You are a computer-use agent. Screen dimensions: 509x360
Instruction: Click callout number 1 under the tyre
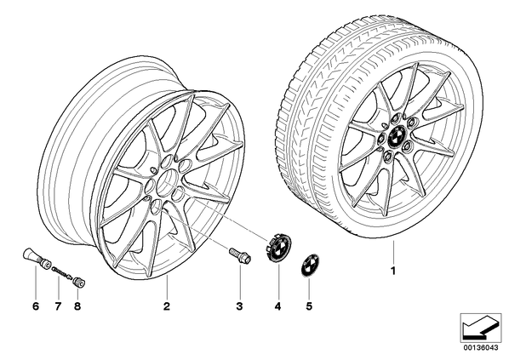pyautogui.click(x=393, y=271)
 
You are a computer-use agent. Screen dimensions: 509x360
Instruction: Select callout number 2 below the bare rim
pyautogui.click(x=167, y=306)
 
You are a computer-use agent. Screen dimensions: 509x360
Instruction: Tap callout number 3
pyautogui.click(x=239, y=306)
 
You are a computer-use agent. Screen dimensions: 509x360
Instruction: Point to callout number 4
pyautogui.click(x=277, y=306)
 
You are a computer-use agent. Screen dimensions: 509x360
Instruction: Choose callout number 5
pyautogui.click(x=309, y=306)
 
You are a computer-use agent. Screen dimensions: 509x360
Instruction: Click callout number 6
pyautogui.click(x=36, y=306)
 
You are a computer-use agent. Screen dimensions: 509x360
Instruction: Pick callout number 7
pyautogui.click(x=58, y=306)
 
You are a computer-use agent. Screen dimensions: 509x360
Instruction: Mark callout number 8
pyautogui.click(x=77, y=306)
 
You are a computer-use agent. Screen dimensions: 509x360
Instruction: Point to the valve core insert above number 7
pyautogui.click(x=62, y=271)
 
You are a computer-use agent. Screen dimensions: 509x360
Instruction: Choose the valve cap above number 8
pyautogui.click(x=79, y=282)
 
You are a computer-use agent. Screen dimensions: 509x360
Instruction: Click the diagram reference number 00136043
pyautogui.click(x=480, y=348)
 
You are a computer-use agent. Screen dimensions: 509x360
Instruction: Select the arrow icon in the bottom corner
pyautogui.click(x=480, y=328)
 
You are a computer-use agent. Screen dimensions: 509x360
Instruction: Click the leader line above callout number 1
pyautogui.click(x=393, y=252)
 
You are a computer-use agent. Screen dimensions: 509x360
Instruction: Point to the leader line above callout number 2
pyautogui.click(x=167, y=286)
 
